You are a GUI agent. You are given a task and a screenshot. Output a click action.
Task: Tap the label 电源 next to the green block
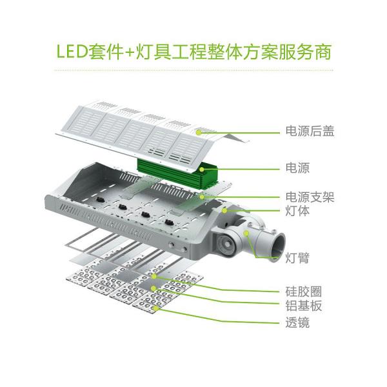pyautogui.click(x=297, y=169)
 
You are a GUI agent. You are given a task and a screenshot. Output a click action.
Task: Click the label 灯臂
pyautogui.click(x=297, y=259)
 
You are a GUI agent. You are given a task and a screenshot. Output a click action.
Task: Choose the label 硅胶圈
pyautogui.click(x=303, y=290)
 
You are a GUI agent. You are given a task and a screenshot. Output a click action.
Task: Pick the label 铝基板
pyautogui.click(x=303, y=306)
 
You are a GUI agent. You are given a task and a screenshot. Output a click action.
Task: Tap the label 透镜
pyautogui.click(x=297, y=322)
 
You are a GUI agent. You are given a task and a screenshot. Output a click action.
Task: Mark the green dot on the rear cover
pyautogui.click(x=202, y=130)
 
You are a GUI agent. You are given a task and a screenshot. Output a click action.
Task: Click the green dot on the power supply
pyautogui.click(x=204, y=169)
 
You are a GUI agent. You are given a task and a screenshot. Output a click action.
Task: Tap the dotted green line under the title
pyautogui.click(x=193, y=70)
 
